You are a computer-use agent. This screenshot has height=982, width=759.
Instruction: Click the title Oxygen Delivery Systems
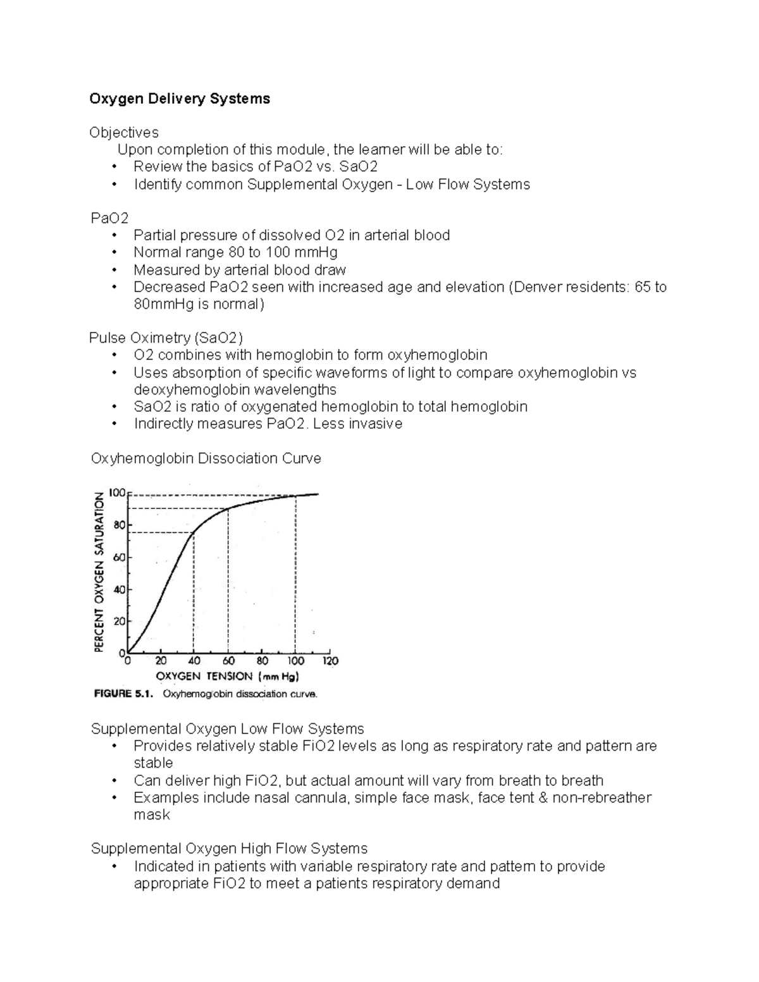pos(180,99)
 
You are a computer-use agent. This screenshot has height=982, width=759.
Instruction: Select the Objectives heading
pos(124,133)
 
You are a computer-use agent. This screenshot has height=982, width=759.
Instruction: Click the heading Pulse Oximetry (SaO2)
pos(166,338)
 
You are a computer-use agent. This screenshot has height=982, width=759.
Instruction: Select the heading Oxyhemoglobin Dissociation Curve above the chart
pos(206,458)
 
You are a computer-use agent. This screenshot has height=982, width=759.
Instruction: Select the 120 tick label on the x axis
pos(330,661)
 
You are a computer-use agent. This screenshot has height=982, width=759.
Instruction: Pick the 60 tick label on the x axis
pos(228,661)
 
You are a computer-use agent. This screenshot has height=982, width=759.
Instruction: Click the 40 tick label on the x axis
pos(194,661)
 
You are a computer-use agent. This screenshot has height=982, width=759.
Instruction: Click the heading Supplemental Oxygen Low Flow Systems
pos(227,729)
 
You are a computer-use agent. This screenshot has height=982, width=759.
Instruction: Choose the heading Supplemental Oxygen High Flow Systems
pos(229,849)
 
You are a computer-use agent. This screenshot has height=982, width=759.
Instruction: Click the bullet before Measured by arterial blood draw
pos(114,271)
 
